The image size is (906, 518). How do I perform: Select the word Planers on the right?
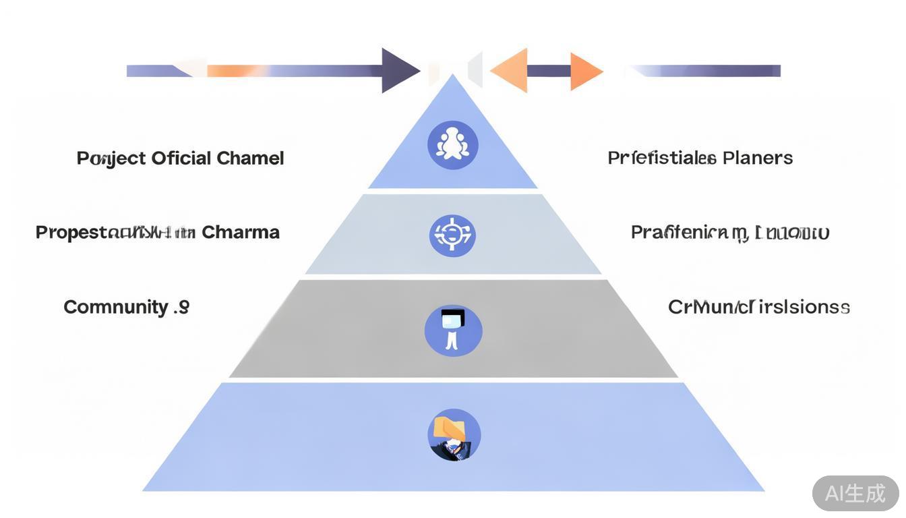tap(758, 159)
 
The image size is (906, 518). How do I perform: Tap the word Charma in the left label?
tap(241, 233)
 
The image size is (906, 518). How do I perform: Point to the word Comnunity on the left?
tap(116, 308)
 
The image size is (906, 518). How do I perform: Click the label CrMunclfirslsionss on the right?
tap(758, 308)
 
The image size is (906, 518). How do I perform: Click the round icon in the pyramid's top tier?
tap(453, 145)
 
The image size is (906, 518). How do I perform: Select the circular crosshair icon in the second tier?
tap(453, 235)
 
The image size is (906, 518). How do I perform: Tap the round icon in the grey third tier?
tap(453, 330)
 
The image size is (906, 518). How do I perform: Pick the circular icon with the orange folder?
tap(454, 435)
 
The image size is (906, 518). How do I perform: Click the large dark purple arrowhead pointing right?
tap(399, 70)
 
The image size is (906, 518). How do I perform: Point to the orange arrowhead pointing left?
tap(510, 70)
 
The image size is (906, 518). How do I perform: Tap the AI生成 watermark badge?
tap(855, 493)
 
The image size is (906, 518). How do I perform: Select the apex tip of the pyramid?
tap(453, 77)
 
